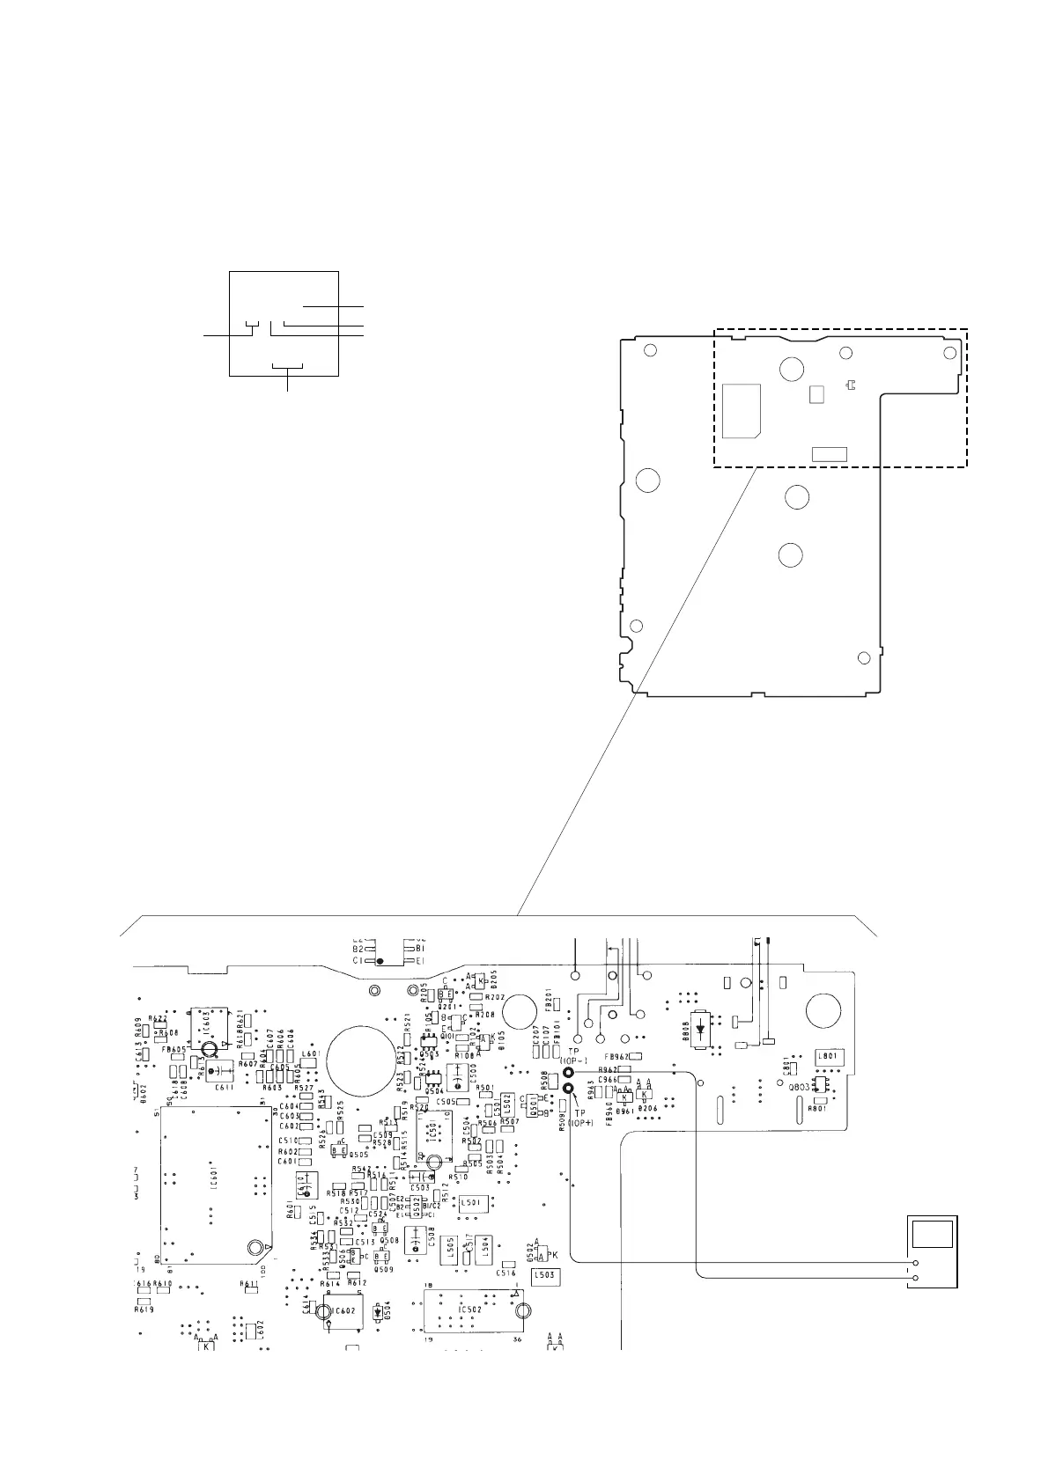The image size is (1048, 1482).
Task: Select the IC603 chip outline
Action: (x=206, y=1024)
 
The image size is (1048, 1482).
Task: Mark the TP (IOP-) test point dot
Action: (x=569, y=1074)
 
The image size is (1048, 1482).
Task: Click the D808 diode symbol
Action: (x=701, y=1028)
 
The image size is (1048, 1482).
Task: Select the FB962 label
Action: (x=616, y=1056)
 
